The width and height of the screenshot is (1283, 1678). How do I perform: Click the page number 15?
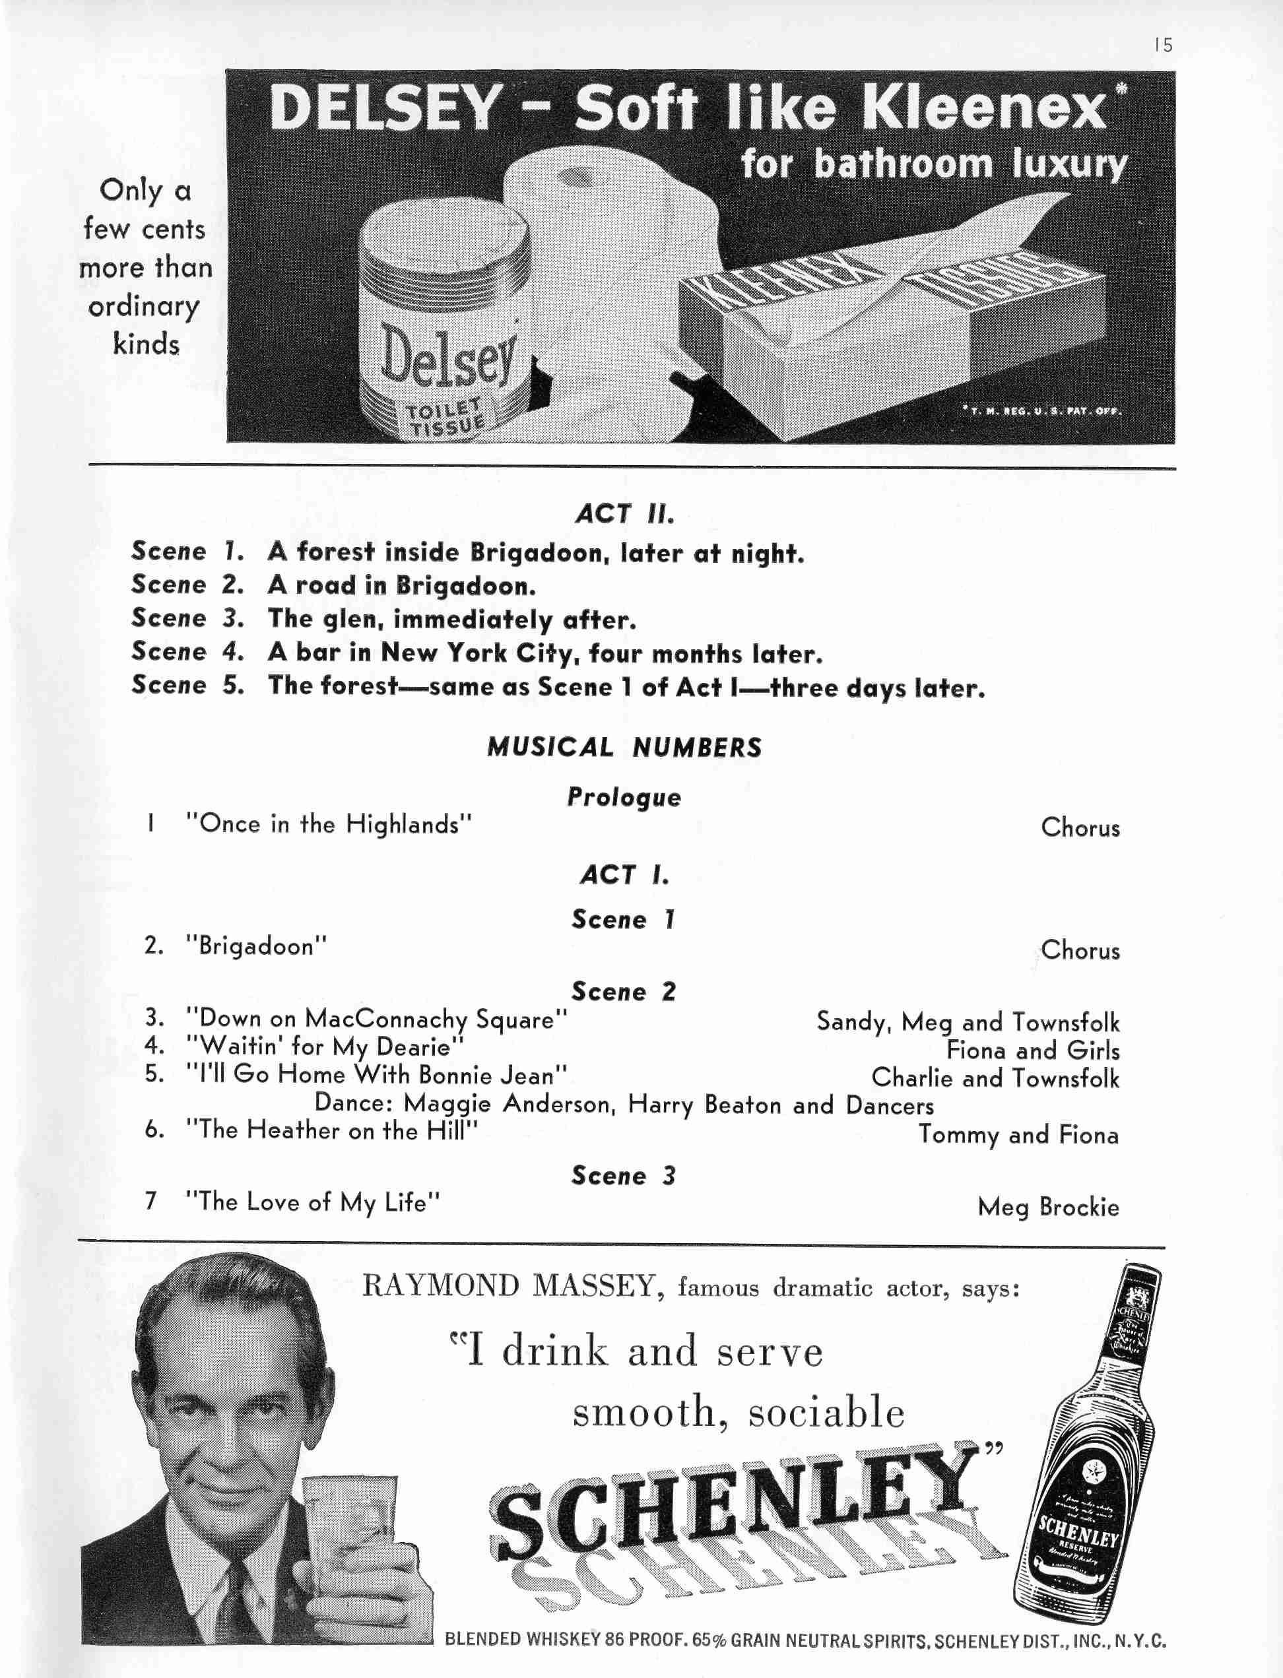click(x=1163, y=46)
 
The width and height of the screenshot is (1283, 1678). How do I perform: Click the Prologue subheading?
click(x=624, y=797)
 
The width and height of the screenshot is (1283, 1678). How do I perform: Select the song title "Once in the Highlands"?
click(x=329, y=825)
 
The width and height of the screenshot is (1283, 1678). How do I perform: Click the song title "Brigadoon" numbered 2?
click(x=256, y=947)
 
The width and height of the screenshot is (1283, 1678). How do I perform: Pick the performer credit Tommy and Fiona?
click(x=1018, y=1135)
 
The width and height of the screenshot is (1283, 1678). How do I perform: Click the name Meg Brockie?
click(x=1048, y=1207)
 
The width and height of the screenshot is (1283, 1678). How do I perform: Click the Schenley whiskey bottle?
click(x=1084, y=1450)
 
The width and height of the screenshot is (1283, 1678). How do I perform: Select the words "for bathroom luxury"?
click(x=933, y=165)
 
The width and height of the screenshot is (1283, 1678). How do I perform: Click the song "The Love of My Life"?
click(x=313, y=1202)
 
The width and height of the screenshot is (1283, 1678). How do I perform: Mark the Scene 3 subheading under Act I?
click(x=624, y=1176)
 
